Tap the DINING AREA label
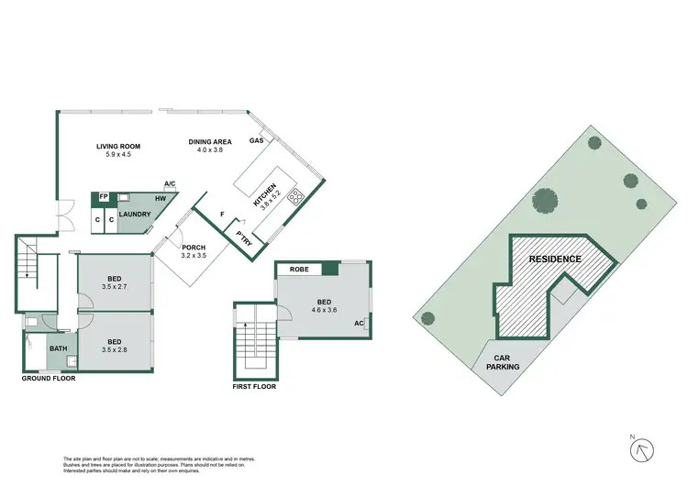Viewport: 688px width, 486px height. point(206,142)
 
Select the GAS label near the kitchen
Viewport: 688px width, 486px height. point(258,141)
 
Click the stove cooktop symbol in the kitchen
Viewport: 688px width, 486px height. point(296,194)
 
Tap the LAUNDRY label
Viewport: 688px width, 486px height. point(135,214)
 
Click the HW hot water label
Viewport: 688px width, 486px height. point(161,197)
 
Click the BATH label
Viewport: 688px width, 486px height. point(58,348)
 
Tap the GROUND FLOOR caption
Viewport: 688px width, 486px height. point(50,378)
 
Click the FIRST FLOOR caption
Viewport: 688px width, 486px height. point(254,386)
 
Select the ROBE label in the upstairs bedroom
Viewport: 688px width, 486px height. point(298,270)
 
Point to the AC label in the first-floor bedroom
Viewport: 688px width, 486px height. point(359,324)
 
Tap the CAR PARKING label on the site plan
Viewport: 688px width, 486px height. point(505,362)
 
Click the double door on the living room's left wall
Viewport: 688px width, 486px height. point(62,217)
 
